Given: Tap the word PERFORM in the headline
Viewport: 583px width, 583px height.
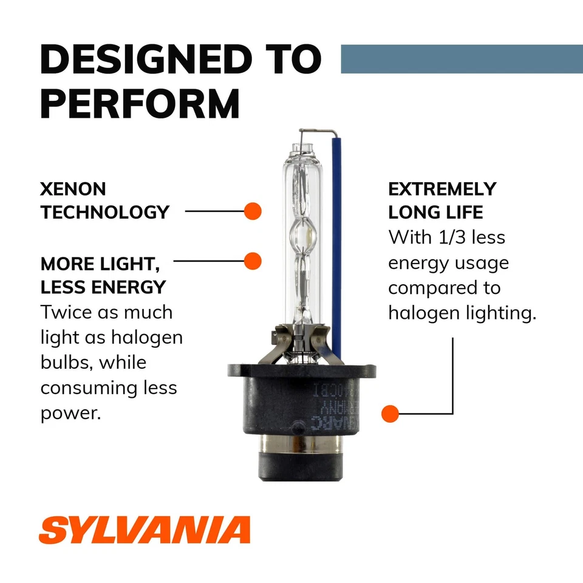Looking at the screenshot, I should (140, 104).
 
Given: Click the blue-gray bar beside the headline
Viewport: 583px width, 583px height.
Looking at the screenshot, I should (462, 59).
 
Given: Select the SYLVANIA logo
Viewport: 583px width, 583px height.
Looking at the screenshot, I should (145, 530).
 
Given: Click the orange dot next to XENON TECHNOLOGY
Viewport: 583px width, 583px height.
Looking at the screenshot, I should (252, 211).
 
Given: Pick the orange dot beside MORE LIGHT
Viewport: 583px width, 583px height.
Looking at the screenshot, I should (252, 261).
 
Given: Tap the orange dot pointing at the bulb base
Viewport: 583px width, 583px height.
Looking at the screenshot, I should (390, 414).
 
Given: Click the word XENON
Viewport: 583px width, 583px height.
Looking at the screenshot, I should (73, 189).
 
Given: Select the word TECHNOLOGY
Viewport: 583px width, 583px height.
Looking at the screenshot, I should (104, 212).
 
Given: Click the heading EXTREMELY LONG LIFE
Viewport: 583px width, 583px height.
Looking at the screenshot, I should (442, 200).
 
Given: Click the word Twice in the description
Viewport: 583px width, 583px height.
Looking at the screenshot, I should (67, 313).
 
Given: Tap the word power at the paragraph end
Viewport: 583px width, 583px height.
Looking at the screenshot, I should (69, 413).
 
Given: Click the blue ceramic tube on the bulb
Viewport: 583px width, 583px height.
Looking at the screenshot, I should (336, 243).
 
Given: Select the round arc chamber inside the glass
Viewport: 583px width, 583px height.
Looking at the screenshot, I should (303, 233).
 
